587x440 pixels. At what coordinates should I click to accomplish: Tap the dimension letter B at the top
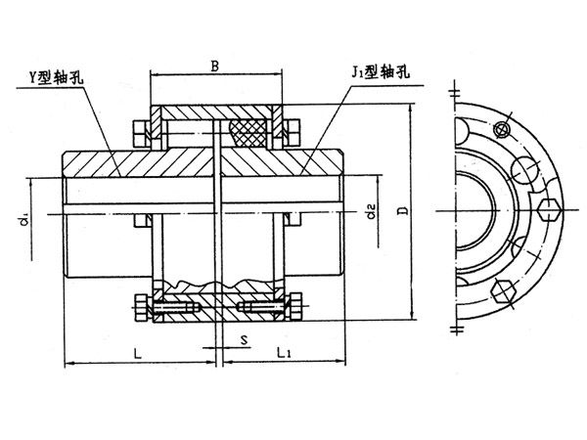click(x=215, y=66)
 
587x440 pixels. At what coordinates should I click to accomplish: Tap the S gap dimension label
click(x=242, y=339)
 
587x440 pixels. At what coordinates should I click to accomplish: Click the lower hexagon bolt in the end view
click(x=504, y=289)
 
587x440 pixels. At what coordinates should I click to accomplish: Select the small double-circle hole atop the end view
click(x=503, y=128)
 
